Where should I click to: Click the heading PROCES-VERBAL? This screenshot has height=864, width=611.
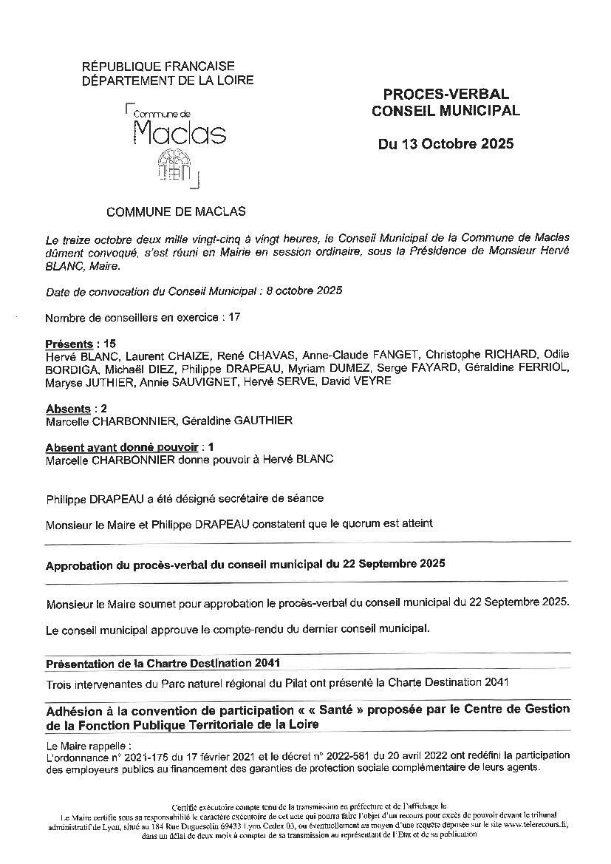pos(446,95)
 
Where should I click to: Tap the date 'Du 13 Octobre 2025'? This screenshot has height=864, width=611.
pos(446,144)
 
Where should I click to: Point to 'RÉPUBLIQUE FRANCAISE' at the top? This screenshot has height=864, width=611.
pos(158,67)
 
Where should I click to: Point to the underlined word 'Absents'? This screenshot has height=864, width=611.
pos(68,409)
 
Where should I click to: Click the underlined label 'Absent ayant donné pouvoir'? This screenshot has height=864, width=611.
pos(122,447)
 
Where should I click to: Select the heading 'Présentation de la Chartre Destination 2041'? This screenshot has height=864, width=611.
pos(163,663)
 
